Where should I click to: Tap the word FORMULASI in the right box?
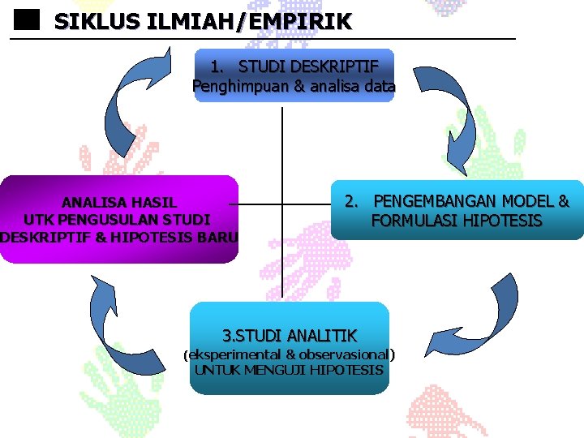(x=410, y=221)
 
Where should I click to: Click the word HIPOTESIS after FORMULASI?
(x=499, y=221)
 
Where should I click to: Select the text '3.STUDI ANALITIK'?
(x=290, y=335)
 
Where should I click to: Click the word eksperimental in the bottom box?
(x=234, y=354)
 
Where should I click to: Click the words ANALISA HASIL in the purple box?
(x=119, y=202)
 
